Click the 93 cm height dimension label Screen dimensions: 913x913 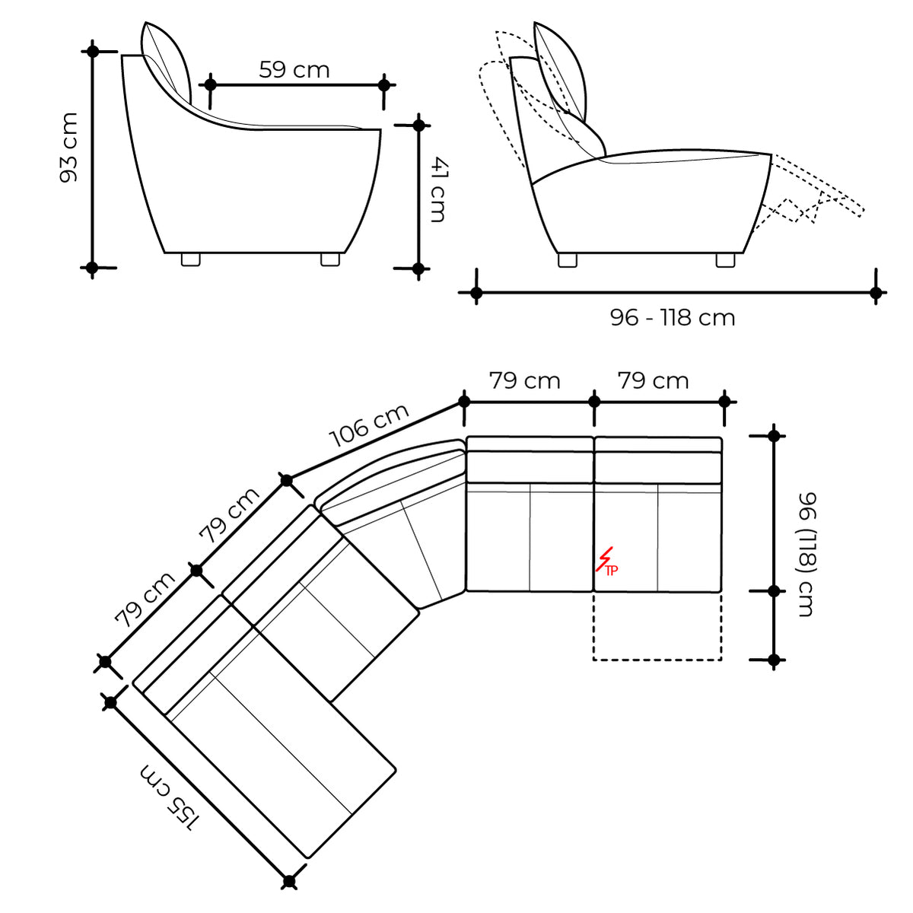[x=68, y=148]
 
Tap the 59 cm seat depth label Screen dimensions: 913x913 [x=294, y=70]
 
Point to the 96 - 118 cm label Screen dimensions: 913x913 [x=673, y=317]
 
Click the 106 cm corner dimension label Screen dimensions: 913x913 [x=369, y=425]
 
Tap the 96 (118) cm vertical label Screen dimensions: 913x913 [x=807, y=554]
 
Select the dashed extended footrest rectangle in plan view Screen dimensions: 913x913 [x=657, y=626]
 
